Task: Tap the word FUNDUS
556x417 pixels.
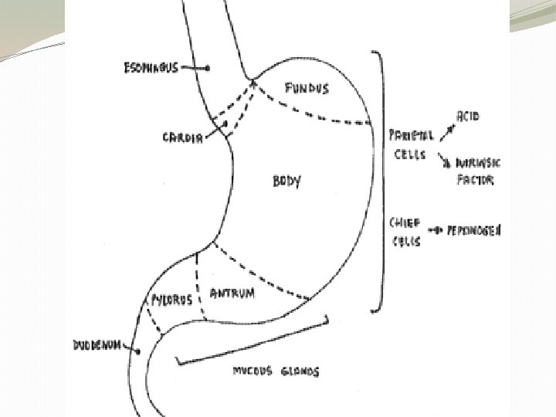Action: (307, 88)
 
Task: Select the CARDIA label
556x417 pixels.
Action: (182, 138)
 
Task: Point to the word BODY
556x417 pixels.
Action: (286, 182)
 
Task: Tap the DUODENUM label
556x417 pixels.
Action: (97, 345)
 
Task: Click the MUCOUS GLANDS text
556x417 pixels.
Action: (276, 371)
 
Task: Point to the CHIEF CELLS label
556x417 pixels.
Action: (405, 232)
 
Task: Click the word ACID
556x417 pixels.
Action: (468, 116)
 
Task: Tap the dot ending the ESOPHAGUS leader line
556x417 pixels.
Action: (208, 69)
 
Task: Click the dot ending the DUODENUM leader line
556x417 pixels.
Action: (137, 351)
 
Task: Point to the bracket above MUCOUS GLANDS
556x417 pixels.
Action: (255, 340)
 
